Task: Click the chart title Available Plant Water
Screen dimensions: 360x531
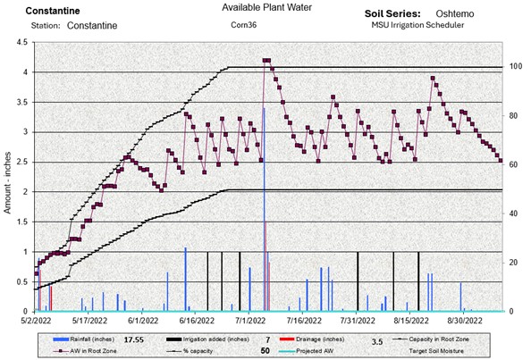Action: tap(265, 8)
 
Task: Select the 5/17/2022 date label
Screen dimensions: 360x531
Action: tap(88, 319)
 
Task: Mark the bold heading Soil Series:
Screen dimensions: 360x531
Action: tap(395, 14)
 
